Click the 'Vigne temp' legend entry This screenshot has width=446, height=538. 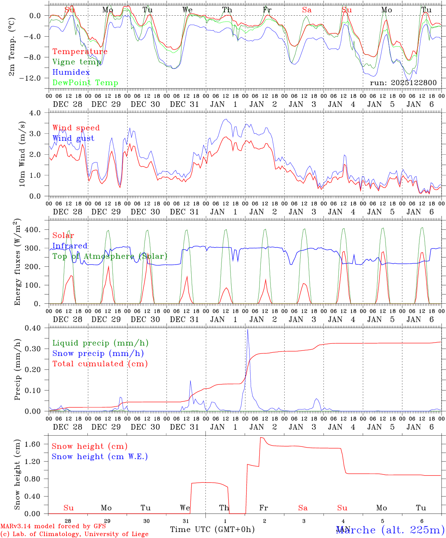click(x=77, y=62)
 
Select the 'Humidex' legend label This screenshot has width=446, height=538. click(x=71, y=72)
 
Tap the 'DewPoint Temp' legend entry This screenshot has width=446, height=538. click(x=85, y=83)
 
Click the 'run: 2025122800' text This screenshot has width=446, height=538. click(x=403, y=83)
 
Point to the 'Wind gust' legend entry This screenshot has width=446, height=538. click(x=73, y=138)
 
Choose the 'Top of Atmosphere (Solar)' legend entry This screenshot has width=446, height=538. click(x=110, y=256)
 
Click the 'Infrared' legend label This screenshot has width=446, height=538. click(x=70, y=246)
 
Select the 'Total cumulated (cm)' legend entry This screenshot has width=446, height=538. click(x=100, y=364)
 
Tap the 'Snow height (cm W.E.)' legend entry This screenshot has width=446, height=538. click(x=100, y=457)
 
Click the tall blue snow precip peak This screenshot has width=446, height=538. click(x=247, y=330)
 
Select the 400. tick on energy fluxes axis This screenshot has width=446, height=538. click(x=32, y=230)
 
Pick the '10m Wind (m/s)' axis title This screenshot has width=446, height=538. click(x=22, y=154)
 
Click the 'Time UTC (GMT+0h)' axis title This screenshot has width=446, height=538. click(x=212, y=529)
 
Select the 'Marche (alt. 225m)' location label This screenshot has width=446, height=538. click(x=390, y=530)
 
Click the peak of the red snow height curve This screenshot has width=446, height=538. click(x=261, y=437)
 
